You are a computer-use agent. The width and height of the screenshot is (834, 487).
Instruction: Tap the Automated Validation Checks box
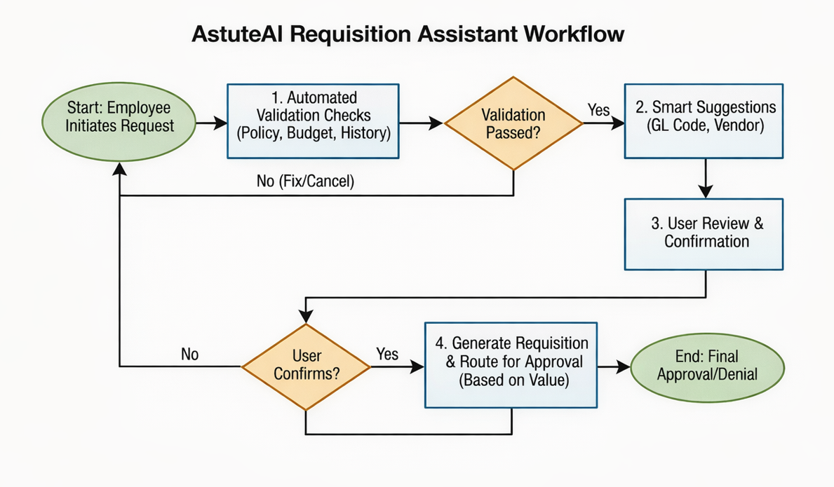tap(313, 121)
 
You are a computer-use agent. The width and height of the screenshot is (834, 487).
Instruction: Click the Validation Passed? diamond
tap(513, 123)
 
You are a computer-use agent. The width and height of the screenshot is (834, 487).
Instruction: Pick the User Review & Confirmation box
tap(704, 233)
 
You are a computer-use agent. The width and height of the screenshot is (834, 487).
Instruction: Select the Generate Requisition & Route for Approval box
tap(511, 364)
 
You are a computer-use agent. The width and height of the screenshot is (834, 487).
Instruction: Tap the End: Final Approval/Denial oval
tap(707, 366)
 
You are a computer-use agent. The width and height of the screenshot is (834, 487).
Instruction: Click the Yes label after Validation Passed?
tap(598, 109)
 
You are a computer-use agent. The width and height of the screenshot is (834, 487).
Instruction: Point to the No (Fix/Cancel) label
tap(305, 182)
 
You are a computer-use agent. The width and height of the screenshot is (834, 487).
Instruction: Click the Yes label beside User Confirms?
tap(387, 354)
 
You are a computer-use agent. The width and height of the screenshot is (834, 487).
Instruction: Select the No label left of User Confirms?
tap(189, 354)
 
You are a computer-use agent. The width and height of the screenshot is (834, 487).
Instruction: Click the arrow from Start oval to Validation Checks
tap(210, 123)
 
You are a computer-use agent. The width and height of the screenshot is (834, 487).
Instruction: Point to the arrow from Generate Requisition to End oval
tap(614, 366)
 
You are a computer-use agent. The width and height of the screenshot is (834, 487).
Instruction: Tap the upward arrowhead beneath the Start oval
tap(121, 170)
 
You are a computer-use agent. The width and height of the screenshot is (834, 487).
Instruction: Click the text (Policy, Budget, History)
tap(313, 133)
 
